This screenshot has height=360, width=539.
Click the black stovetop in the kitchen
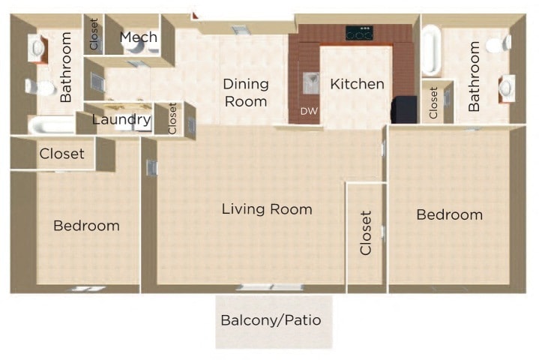pos(359,33)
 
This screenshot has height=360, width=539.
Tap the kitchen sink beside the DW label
pos(310,80)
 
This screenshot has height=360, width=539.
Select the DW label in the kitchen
pos(308,111)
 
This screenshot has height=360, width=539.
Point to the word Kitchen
pos(357,84)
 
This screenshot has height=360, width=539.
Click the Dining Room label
pos(246,93)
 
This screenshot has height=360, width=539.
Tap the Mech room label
pos(139,37)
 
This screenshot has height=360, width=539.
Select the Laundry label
pos(121,119)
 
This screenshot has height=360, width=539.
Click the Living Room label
pos(267,209)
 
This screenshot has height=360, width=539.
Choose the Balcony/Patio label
pos(271,320)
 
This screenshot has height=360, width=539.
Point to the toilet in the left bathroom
pos(41,88)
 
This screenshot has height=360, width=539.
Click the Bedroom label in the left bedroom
pos(86,226)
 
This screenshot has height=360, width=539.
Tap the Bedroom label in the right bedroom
pos(449,215)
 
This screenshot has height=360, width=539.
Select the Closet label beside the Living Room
pos(366,233)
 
